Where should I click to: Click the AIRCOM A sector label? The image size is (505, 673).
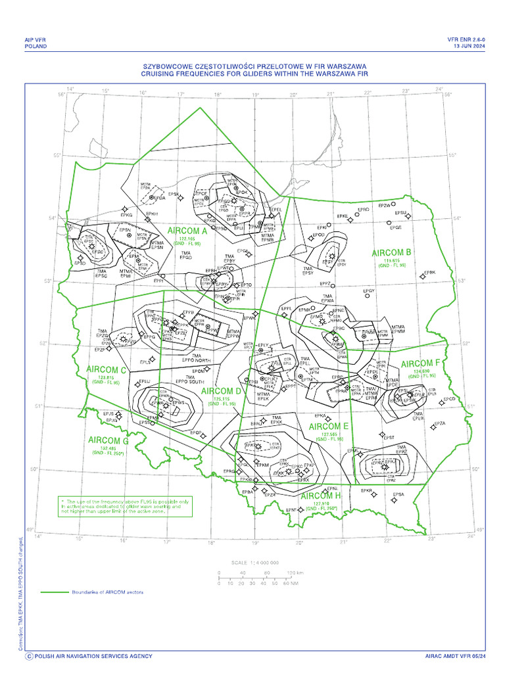(187, 231)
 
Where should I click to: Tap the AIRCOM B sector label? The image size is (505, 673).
(392, 252)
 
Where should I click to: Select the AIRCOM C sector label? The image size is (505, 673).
(106, 370)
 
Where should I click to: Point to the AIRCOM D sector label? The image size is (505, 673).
(221, 392)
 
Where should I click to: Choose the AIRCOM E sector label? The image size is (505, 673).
(328, 427)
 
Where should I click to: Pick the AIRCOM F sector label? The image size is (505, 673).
(420, 363)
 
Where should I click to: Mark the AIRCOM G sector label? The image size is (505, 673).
(108, 440)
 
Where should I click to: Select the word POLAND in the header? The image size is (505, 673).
(36, 47)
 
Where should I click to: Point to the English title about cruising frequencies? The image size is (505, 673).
(253, 74)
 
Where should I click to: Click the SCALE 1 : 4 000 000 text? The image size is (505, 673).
(256, 563)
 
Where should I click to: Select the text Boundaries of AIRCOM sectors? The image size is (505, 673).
(107, 592)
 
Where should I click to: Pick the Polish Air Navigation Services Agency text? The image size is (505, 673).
(93, 656)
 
